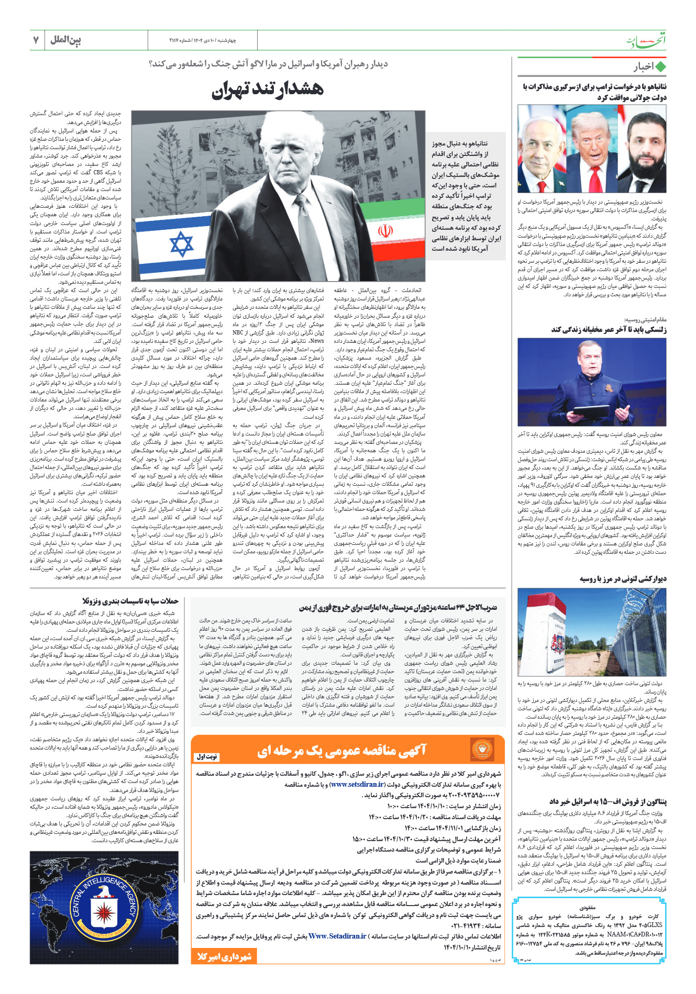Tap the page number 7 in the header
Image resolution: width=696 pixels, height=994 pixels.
(x=36, y=40)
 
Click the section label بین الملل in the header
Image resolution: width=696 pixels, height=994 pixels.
(x=66, y=40)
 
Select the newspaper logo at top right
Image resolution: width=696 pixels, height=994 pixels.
(x=646, y=41)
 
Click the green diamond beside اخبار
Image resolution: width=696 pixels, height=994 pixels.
(x=660, y=67)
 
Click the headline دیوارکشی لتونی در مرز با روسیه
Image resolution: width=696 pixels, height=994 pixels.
(x=623, y=579)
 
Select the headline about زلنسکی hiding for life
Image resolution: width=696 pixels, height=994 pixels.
(x=609, y=330)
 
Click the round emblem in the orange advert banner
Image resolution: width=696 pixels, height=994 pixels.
(x=482, y=750)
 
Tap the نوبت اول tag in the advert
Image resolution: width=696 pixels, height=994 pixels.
(x=207, y=756)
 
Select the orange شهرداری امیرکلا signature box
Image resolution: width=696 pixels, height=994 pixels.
(x=224, y=956)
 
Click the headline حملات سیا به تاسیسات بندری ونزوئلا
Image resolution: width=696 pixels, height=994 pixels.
(x=130, y=601)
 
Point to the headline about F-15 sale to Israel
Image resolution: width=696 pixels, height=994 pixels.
(x=608, y=802)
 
